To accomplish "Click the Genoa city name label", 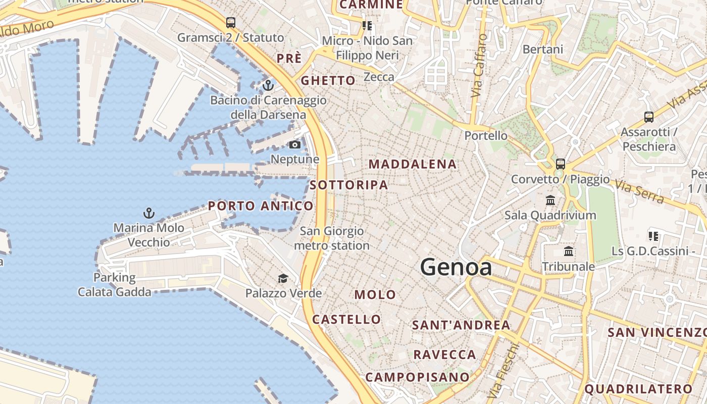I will tap(456, 267).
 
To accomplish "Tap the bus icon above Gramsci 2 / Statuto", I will tap(231, 23).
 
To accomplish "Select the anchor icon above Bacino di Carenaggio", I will tap(268, 85).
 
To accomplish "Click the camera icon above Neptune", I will tap(294, 145).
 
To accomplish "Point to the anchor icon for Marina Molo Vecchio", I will tap(148, 213).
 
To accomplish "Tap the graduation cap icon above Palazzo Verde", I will tap(283, 279).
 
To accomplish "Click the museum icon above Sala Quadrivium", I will tap(550, 200).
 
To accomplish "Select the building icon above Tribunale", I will tap(569, 251).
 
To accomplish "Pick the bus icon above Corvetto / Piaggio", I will tap(560, 164).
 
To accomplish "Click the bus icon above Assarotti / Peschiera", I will tap(649, 117).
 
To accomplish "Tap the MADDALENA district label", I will tap(413, 164).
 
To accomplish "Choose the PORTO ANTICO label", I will tap(261, 206).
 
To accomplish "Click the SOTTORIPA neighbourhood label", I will tap(349, 185).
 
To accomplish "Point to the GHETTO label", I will tap(328, 81).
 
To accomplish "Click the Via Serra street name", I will tap(639, 191).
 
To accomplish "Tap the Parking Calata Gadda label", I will tap(115, 285).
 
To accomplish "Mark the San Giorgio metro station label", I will tap(332, 238).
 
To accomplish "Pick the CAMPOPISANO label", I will tap(417, 377).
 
